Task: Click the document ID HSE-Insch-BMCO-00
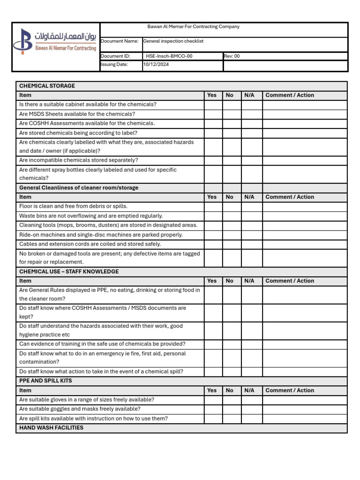169,56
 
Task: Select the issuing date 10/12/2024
156,65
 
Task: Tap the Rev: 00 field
232,56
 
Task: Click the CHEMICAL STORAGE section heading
47,86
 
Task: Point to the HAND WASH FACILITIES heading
51,428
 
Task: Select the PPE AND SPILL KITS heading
45,381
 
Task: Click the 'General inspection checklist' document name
173,41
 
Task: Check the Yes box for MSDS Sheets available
213,114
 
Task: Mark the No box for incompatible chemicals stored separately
232,160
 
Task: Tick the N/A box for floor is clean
252,207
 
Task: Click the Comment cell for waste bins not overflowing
305,216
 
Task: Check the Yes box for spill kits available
213,419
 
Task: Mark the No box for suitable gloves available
232,400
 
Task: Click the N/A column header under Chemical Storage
249,95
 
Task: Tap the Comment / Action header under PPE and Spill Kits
290,390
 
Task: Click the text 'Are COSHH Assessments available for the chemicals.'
87,123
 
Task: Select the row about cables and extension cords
90,244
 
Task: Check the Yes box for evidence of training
213,344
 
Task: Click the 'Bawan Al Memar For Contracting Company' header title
193,27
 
